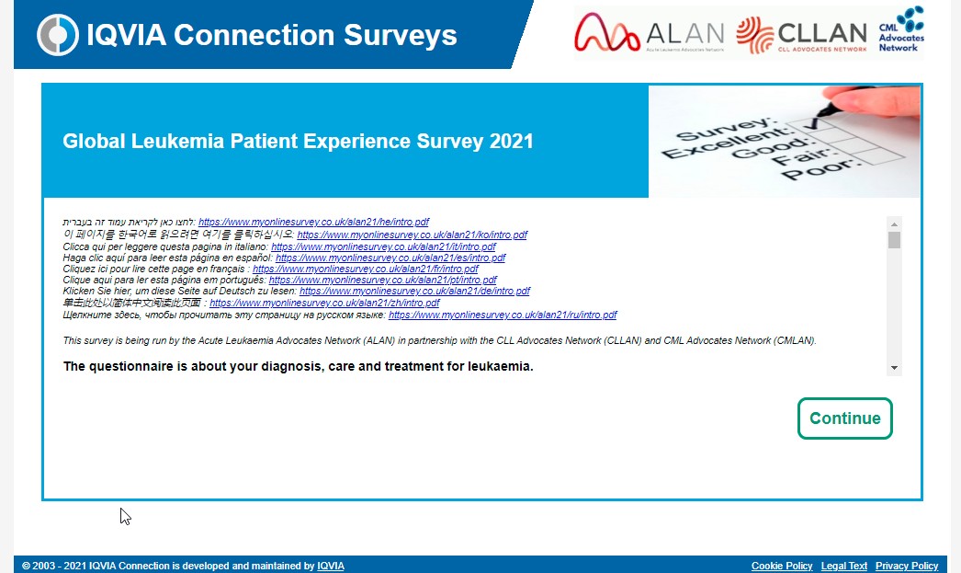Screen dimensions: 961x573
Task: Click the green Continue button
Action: (844, 418)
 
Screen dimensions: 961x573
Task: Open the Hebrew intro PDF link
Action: (314, 222)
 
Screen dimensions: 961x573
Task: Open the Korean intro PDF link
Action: (413, 235)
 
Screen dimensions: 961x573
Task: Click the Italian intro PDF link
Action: (384, 246)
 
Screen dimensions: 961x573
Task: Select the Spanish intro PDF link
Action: (390, 258)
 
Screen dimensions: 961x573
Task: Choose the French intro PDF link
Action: (366, 269)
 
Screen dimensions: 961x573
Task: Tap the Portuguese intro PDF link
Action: (383, 280)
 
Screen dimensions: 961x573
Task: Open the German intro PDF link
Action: (415, 291)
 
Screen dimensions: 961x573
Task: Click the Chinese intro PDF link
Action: (325, 304)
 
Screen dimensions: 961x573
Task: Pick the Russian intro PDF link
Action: (503, 315)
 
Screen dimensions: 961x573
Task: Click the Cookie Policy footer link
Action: (782, 566)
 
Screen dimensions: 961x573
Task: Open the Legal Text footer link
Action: (844, 566)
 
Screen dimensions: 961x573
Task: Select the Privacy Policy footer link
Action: (907, 566)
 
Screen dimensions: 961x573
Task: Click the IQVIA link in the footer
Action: (331, 566)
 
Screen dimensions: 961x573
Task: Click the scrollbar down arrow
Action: (894, 368)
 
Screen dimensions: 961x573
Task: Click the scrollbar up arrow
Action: (894, 223)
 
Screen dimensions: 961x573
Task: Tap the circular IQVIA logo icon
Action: (58, 35)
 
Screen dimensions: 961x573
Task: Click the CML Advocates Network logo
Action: (901, 29)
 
